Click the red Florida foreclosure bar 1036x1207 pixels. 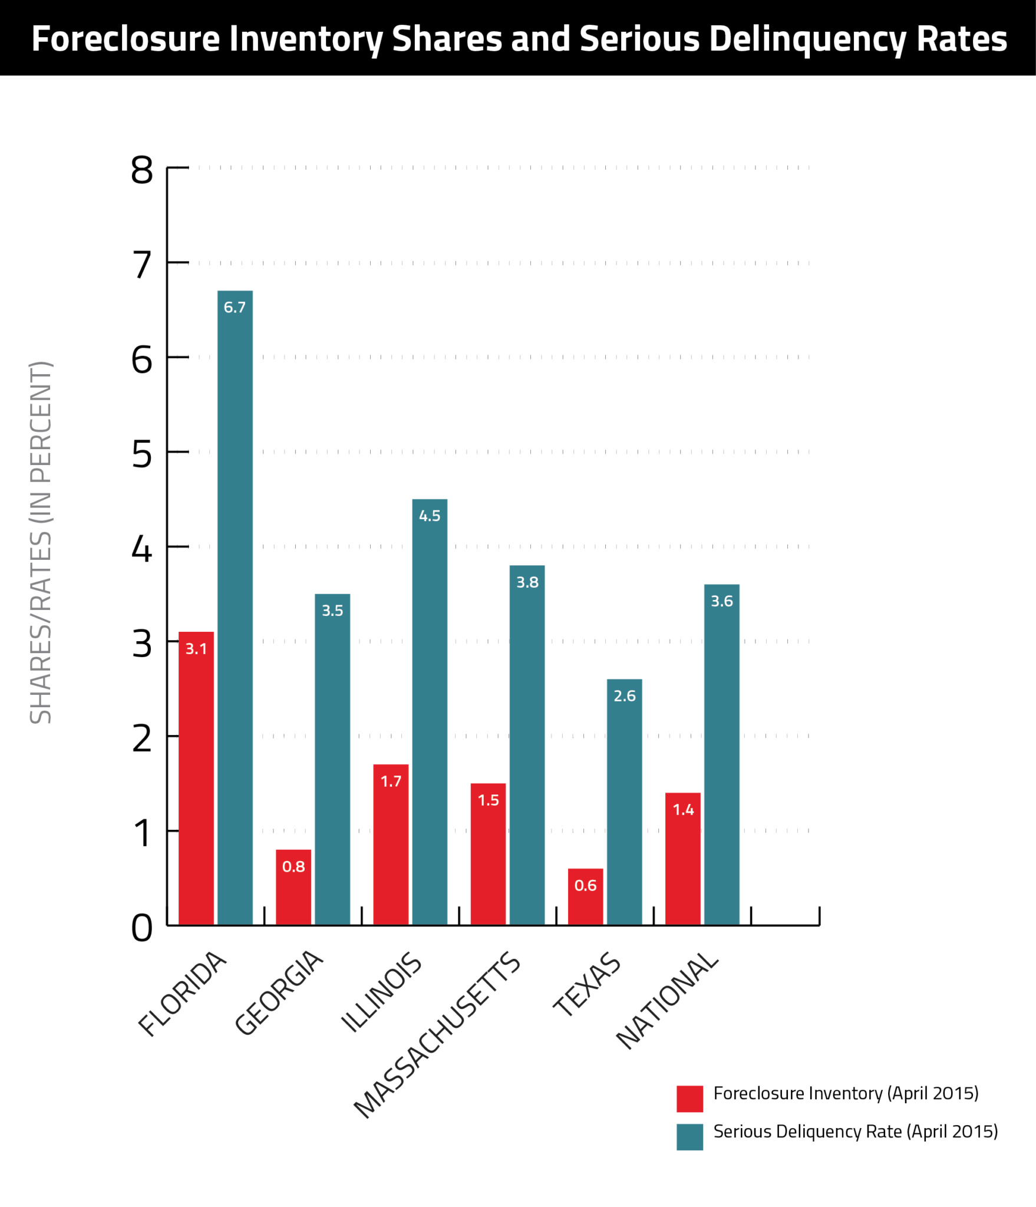(196, 778)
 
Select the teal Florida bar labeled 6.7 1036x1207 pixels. (235, 607)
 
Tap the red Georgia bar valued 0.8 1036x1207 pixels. (293, 887)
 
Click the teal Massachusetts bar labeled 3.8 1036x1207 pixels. (527, 745)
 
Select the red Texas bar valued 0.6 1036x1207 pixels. (585, 896)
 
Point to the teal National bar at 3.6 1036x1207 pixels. (721, 754)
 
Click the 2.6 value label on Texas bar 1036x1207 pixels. (624, 696)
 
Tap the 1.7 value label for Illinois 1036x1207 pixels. (391, 781)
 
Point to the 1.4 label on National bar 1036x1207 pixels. (683, 810)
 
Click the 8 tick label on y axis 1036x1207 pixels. (142, 171)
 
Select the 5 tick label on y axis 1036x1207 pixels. (142, 455)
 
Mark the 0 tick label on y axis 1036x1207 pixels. (142, 929)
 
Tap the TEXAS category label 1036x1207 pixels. (587, 985)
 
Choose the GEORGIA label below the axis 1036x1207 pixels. (279, 993)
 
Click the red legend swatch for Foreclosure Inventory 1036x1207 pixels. (689, 1099)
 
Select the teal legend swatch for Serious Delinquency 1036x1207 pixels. (689, 1137)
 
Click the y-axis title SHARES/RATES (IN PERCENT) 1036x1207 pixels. (41, 542)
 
